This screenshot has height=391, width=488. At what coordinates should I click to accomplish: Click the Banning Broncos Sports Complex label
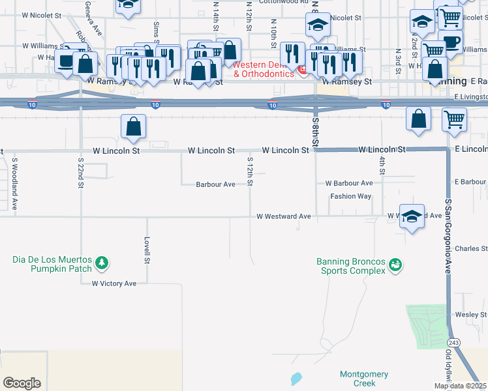coord(350,267)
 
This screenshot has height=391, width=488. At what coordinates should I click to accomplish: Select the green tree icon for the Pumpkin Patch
coord(101,263)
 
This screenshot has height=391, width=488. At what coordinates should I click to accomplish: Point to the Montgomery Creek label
coord(364,379)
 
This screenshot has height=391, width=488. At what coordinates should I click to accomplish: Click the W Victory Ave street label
coord(114,283)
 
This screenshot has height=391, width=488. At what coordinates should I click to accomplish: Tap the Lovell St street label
coord(147,250)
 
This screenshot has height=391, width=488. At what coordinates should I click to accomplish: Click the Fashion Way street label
coord(350,196)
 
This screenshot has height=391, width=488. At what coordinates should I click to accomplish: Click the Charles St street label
coord(471,248)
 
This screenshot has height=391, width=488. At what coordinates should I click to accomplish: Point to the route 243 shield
coord(452,342)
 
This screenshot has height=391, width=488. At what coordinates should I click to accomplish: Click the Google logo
coord(22,383)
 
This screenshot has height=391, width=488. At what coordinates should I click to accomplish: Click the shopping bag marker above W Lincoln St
coord(133,127)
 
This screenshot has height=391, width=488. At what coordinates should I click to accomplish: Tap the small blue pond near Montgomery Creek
coord(297,378)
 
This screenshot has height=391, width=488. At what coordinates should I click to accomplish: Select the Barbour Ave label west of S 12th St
coord(215,184)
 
